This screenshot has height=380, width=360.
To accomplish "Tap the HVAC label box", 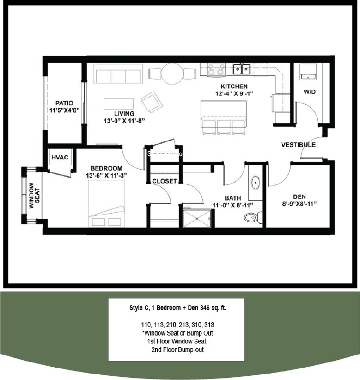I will [60, 158].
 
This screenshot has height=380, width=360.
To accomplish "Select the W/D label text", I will [310, 92].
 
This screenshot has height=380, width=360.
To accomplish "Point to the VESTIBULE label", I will [299, 145].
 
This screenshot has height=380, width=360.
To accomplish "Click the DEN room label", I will [299, 196].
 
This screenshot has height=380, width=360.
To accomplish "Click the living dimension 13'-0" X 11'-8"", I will [124, 121].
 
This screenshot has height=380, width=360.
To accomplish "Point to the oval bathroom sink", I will [256, 183].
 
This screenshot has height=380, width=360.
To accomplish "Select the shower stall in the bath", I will [196, 218].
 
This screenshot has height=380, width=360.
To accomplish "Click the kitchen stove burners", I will [216, 69].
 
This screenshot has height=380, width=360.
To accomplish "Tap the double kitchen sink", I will [241, 69].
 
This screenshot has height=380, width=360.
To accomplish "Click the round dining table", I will [173, 73].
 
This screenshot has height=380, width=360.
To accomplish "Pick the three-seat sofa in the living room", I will [117, 73].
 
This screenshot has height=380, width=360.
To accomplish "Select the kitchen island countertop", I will [223, 111].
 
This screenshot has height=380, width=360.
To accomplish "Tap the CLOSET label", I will [165, 181].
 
